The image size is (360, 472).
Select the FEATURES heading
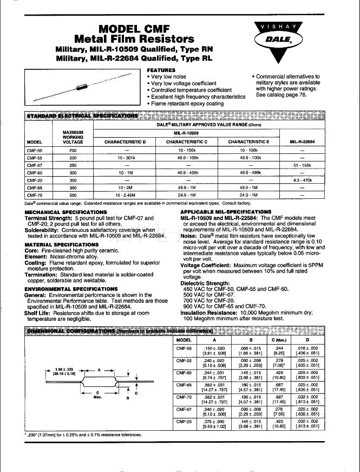[161, 70]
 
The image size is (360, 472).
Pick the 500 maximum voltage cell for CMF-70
[73, 194]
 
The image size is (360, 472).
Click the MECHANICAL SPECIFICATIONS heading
[62, 212]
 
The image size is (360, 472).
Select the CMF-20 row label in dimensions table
[185, 421]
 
